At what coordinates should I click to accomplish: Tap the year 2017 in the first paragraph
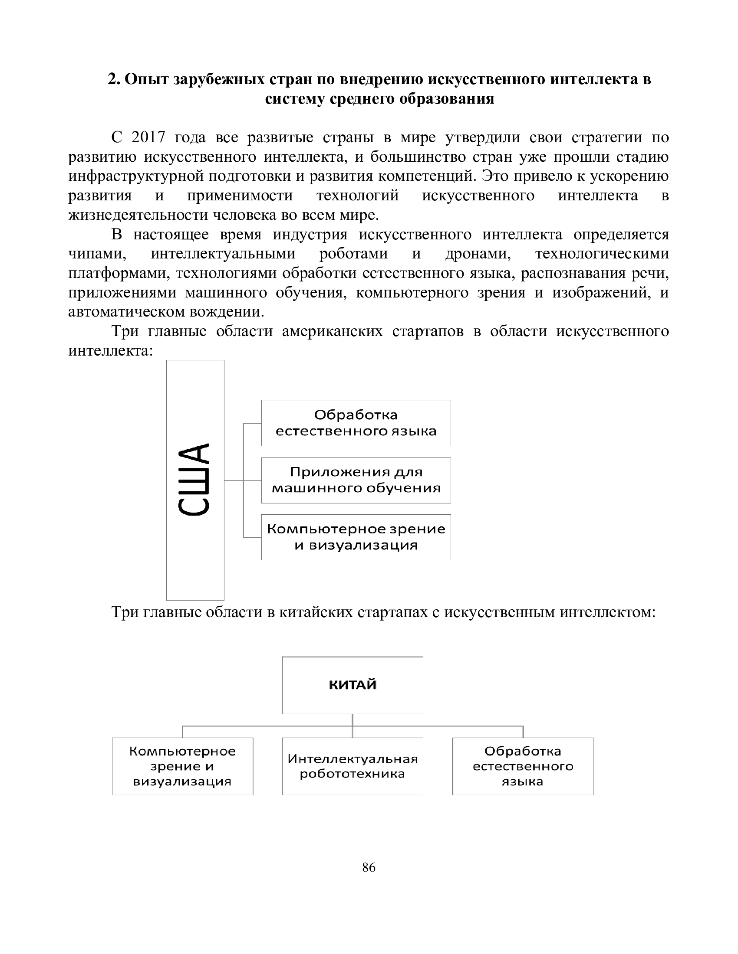pos(148,138)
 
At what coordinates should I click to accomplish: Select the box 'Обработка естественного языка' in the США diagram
pos(356,423)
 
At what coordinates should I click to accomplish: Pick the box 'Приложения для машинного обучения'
pos(356,480)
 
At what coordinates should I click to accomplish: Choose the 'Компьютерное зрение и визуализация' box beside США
pos(356,537)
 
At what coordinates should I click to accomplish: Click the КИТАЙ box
pos(353,685)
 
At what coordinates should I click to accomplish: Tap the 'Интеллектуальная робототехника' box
pos(353,766)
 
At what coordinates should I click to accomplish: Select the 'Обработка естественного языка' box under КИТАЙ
pos(523,766)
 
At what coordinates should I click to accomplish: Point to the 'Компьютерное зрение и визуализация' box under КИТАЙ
pos(182,766)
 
